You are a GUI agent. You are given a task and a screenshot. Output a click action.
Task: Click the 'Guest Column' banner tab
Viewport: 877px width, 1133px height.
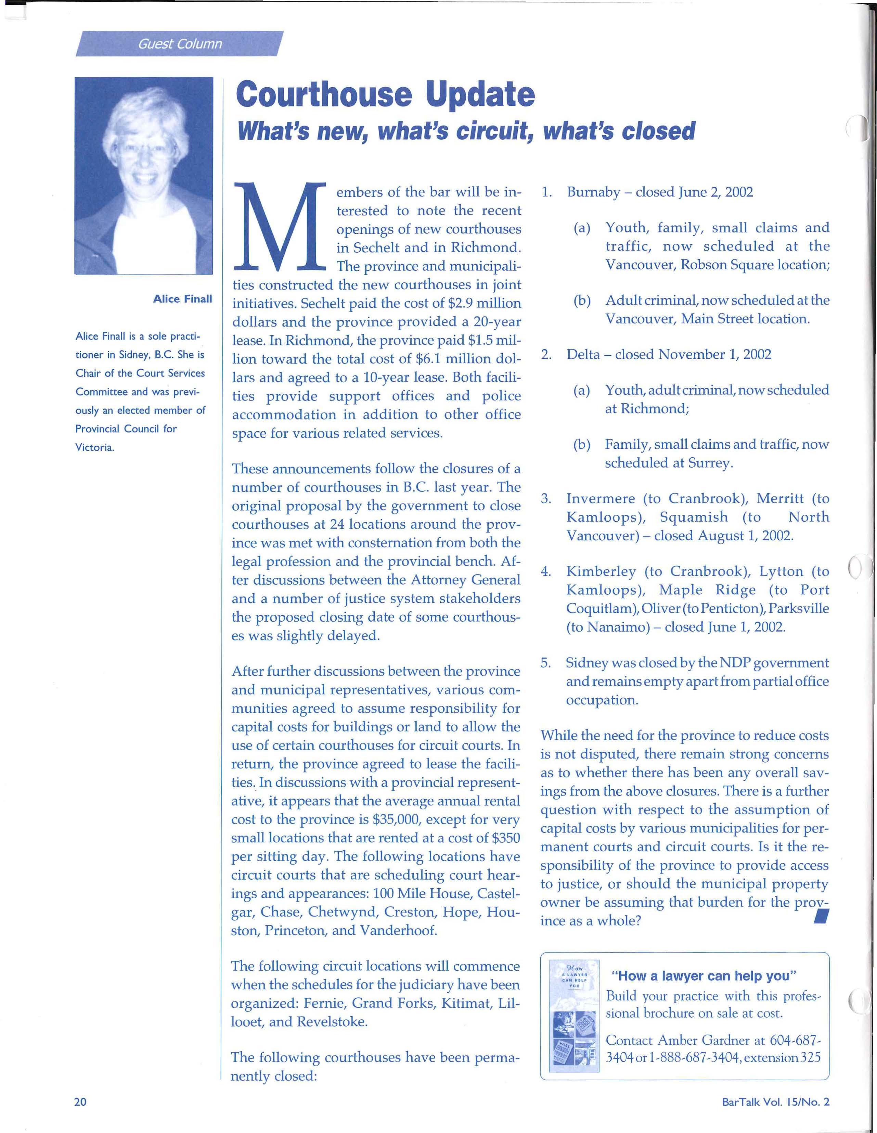(x=179, y=44)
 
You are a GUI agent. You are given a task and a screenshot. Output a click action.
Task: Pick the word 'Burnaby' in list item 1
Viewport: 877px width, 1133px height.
(x=593, y=192)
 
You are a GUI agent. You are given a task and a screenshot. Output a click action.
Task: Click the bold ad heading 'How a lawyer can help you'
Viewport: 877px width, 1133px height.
(x=704, y=976)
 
